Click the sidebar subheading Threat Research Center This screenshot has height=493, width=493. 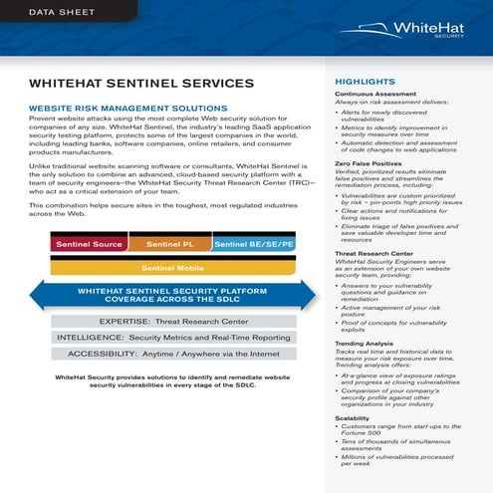[373, 254]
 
